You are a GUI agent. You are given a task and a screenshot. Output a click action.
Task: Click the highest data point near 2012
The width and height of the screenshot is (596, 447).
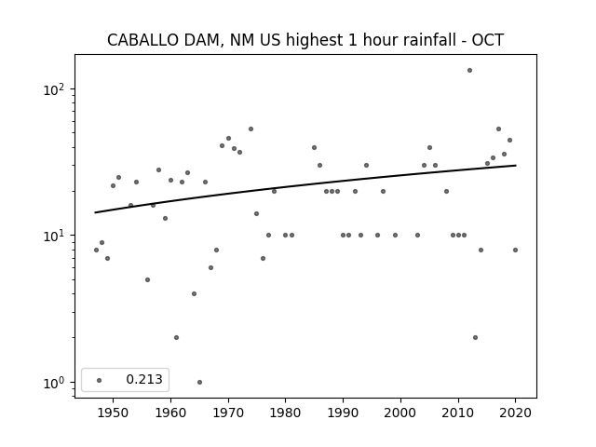tap(469, 71)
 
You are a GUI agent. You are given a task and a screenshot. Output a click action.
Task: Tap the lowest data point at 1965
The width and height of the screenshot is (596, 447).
tap(199, 383)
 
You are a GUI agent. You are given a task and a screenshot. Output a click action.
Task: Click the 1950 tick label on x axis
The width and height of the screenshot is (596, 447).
tap(113, 413)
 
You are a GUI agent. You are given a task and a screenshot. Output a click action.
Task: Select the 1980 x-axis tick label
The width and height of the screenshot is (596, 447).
tap(285, 413)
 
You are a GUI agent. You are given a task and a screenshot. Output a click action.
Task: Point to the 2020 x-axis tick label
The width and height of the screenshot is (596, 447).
tap(515, 413)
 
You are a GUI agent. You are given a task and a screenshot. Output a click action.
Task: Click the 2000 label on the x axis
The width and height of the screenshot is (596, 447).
tap(400, 413)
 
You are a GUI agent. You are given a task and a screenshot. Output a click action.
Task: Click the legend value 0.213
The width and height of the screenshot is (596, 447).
tap(144, 379)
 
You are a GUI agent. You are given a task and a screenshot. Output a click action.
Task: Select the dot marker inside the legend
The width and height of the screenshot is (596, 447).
tap(100, 380)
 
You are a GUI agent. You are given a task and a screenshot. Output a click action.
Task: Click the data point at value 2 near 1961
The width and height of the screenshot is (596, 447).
tap(176, 337)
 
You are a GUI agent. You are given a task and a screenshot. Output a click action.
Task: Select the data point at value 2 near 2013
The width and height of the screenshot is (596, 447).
tap(476, 337)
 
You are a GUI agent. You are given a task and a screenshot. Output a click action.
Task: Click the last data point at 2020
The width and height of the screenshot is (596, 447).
tap(515, 251)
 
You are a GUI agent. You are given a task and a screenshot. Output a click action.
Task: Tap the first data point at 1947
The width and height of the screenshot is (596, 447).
tap(96, 251)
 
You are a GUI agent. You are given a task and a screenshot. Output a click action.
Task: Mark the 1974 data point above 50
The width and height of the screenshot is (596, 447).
tap(251, 129)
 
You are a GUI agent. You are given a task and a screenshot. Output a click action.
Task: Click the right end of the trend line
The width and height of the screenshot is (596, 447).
tap(516, 166)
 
